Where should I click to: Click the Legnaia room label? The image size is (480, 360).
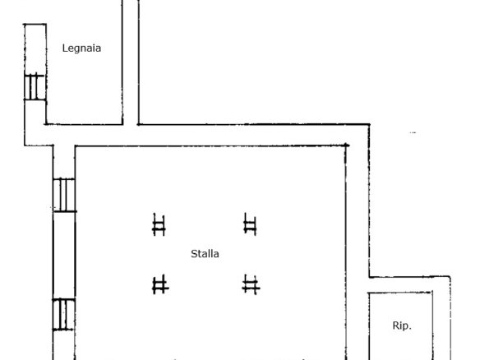click(81, 48)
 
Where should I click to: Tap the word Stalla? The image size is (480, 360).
click(205, 254)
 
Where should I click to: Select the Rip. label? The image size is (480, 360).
click(402, 325)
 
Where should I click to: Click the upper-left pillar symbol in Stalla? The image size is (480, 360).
click(159, 224)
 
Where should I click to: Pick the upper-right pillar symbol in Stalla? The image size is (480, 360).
click(250, 224)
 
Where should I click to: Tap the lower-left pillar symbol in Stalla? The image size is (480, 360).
click(160, 284)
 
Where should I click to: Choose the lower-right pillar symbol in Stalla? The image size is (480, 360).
click(251, 284)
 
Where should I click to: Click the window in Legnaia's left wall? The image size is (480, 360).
click(35, 87)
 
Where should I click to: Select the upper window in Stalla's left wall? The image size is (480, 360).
click(64, 195)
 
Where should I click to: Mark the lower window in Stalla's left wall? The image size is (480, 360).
click(63, 315)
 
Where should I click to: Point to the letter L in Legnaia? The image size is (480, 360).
click(65, 48)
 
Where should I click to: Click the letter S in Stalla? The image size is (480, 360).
click(194, 254)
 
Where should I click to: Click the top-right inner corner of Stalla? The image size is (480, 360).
click(346, 146)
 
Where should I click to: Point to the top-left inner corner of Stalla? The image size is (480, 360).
click(76, 146)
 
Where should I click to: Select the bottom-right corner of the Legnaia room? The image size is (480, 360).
click(122, 124)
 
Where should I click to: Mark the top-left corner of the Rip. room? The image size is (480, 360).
click(368, 293)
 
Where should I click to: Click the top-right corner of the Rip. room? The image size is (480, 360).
click(432, 292)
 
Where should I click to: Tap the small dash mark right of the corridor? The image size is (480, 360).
click(413, 132)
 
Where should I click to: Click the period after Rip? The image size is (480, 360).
click(410, 329)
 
